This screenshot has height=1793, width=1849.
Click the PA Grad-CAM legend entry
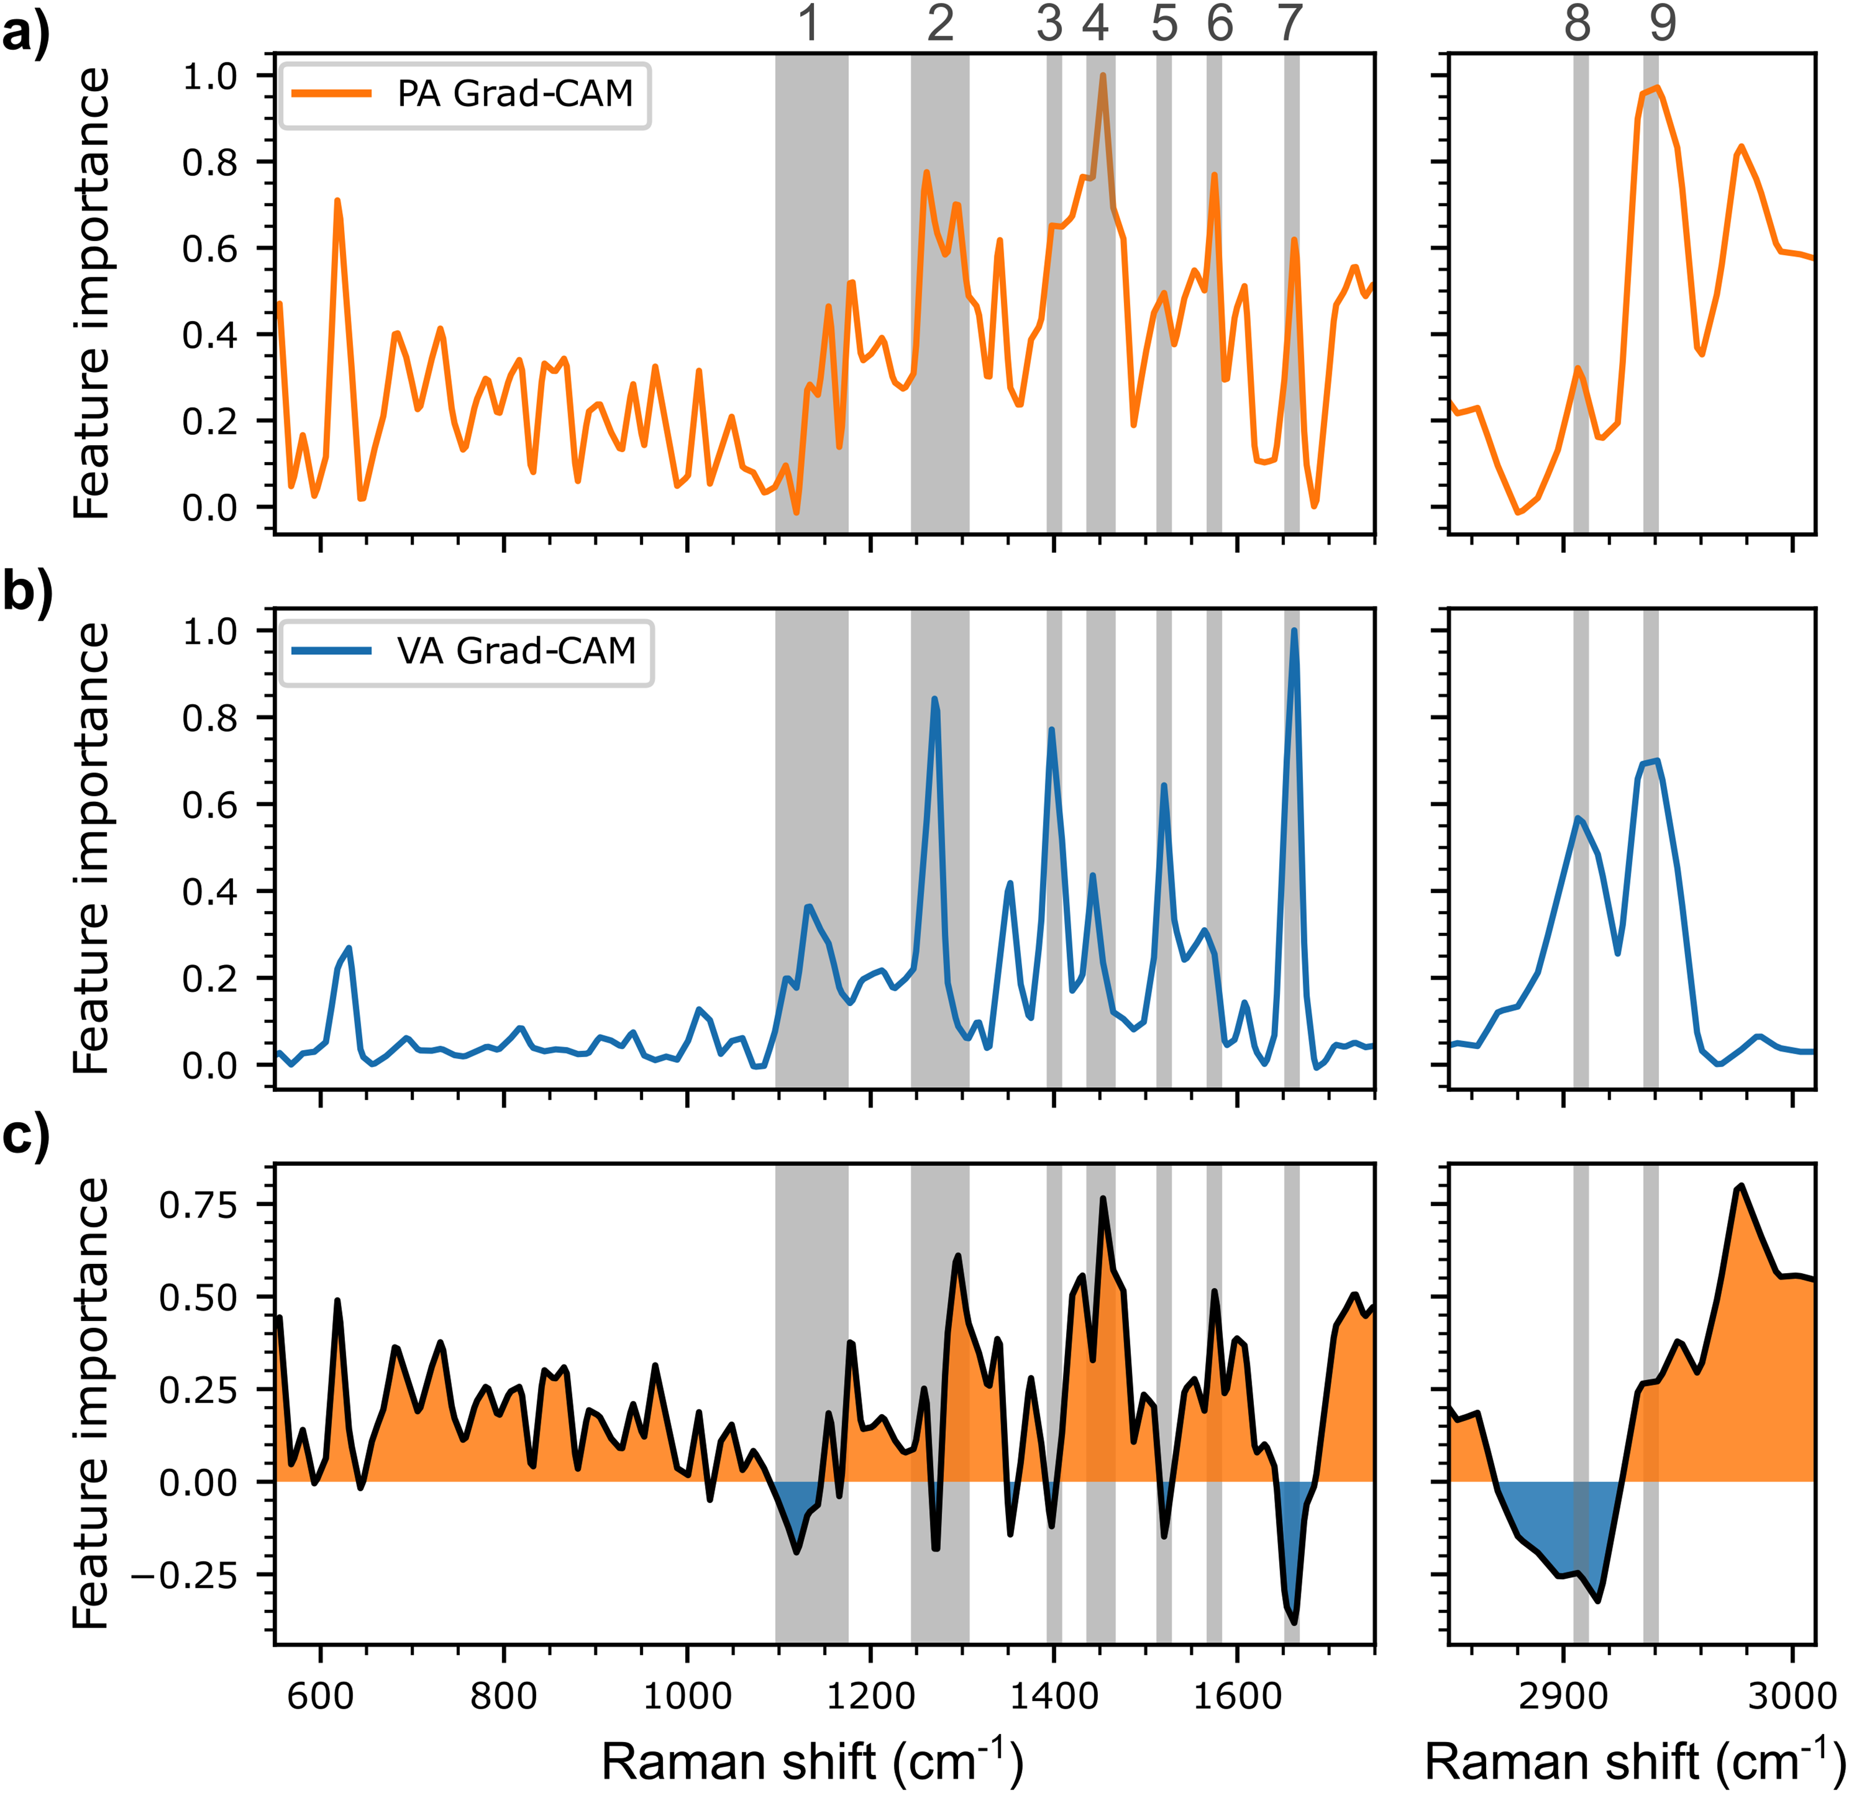pos(464,94)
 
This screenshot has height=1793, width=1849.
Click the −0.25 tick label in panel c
pos(185,1575)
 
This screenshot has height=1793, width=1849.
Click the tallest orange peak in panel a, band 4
pos(1102,76)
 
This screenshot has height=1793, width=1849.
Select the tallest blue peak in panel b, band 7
pos(1294,630)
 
